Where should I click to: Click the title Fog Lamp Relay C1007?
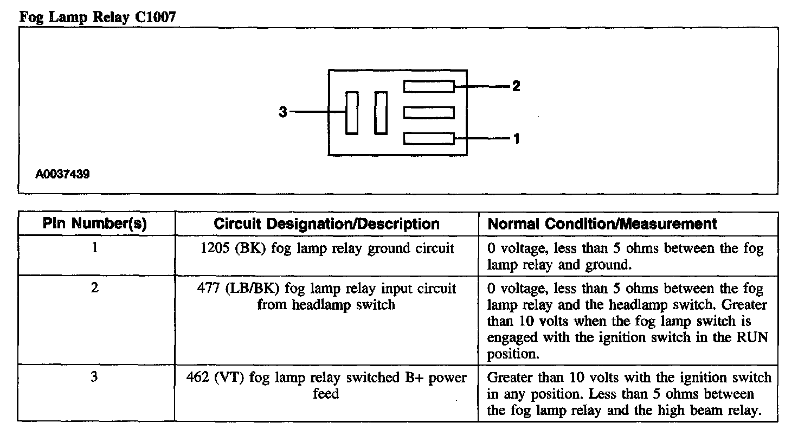[x=98, y=17]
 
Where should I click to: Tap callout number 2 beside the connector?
[x=516, y=86]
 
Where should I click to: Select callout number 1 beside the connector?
[x=516, y=139]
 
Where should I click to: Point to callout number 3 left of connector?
[x=282, y=112]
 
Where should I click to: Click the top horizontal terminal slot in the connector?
[x=429, y=86]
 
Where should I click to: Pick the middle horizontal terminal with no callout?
[x=429, y=113]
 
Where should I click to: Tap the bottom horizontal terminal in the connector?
[x=429, y=139]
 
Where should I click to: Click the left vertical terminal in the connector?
[x=352, y=113]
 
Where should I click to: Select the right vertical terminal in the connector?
[x=381, y=113]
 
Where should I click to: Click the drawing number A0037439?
[x=63, y=175]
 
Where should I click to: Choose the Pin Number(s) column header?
[x=95, y=224]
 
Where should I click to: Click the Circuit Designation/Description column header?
[x=326, y=224]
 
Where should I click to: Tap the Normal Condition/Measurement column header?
[x=602, y=224]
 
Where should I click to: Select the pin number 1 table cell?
[x=95, y=249]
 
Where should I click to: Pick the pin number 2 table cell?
[x=95, y=288]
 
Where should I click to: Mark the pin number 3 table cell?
[x=95, y=377]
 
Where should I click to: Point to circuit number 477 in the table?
[x=207, y=288]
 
